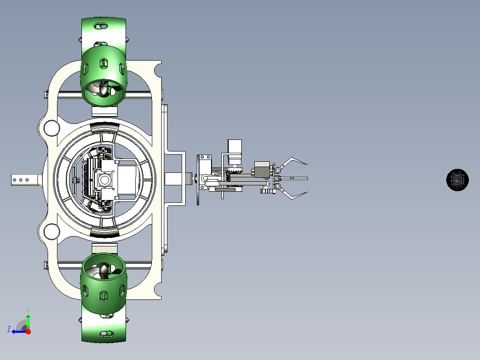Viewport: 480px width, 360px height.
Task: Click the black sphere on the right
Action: point(457,180)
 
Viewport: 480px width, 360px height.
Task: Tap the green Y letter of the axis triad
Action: point(28,310)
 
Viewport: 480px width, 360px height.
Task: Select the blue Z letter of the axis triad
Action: point(9,329)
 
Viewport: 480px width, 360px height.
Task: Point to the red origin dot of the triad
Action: point(28,331)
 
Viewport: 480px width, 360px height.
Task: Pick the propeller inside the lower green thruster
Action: point(102,270)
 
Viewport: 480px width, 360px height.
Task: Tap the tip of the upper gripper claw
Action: point(307,164)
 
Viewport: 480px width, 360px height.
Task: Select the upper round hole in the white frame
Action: point(52,128)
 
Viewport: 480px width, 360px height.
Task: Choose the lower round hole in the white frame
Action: point(52,232)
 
